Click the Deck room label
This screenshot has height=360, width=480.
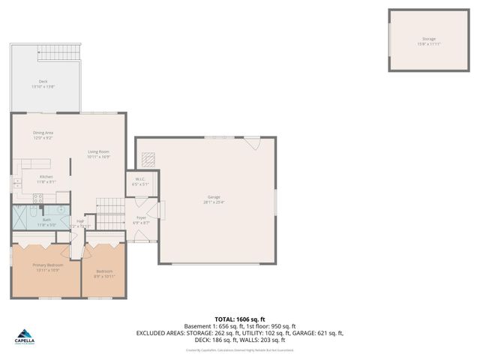[x=43, y=82]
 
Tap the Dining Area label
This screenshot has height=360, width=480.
[x=43, y=133]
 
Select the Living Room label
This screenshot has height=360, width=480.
[x=98, y=152]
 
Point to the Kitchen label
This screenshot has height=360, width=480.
[x=46, y=176]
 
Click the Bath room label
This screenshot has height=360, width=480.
[x=46, y=220]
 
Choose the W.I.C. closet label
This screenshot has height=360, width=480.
[x=140, y=178]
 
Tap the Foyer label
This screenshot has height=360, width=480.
[x=141, y=217]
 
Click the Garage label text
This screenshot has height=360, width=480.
[x=214, y=197]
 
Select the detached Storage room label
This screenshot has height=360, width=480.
[x=428, y=39]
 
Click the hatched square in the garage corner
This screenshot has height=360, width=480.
[x=148, y=158]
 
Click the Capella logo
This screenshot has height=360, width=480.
[x=25, y=339]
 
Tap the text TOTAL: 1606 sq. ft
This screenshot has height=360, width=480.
[x=239, y=319]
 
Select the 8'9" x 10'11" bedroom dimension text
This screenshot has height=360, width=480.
[x=104, y=276]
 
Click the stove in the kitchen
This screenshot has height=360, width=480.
[x=38, y=199]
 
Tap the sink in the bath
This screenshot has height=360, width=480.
[x=61, y=211]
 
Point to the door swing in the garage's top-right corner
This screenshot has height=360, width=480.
[x=255, y=143]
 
